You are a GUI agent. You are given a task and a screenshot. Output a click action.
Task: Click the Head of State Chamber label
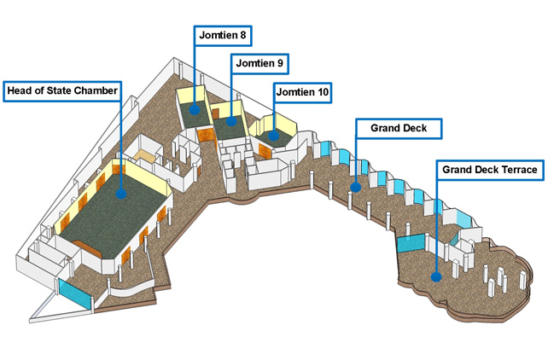(x=61, y=90)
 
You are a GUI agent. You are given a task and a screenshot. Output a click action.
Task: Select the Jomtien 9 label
(x=259, y=63)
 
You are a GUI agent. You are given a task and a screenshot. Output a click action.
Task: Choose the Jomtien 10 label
(x=302, y=91)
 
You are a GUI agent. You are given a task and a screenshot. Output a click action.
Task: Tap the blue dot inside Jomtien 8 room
(x=195, y=108)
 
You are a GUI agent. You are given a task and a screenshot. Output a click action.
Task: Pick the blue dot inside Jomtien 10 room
(x=273, y=134)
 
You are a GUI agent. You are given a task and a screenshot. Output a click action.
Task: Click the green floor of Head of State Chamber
(x=102, y=213)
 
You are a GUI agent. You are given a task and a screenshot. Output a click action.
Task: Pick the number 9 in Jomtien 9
(x=282, y=63)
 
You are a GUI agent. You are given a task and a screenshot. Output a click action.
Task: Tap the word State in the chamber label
(x=57, y=90)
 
